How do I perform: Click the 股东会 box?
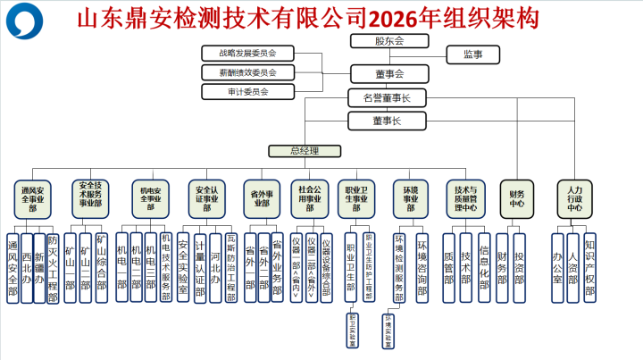pos(388,41)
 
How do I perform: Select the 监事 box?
pos(473,55)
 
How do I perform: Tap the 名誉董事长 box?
pos(388,96)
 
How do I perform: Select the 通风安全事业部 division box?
pos(32,198)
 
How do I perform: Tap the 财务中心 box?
pos(517,198)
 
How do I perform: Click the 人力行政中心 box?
pos(574,198)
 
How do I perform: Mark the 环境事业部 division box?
pos(411,198)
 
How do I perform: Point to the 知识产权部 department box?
pos(589,268)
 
